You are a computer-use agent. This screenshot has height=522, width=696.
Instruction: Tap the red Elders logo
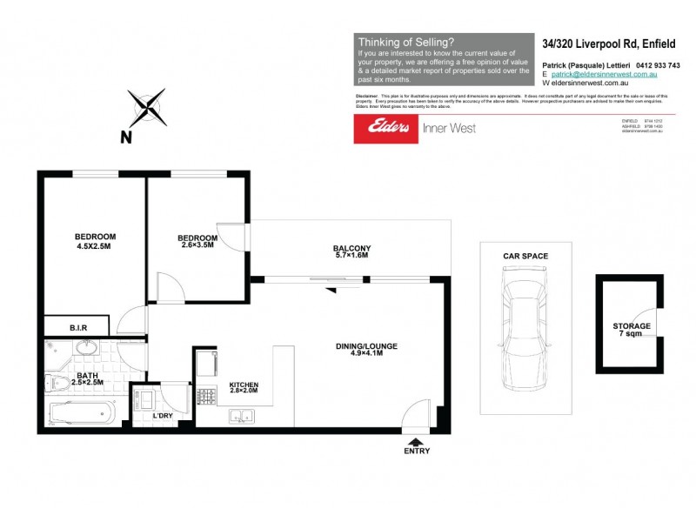pyautogui.click(x=385, y=129)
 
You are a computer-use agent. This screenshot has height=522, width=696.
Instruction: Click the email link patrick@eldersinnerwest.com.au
pyautogui.click(x=598, y=75)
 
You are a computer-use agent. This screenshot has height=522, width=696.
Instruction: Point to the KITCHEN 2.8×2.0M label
pyautogui.click(x=244, y=389)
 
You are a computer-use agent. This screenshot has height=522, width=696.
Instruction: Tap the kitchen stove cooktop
pyautogui.click(x=207, y=397)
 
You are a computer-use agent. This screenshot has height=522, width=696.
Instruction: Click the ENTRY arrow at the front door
pyautogui.click(x=417, y=441)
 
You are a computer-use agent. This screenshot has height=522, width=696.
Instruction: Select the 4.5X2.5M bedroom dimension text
pyautogui.click(x=95, y=245)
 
